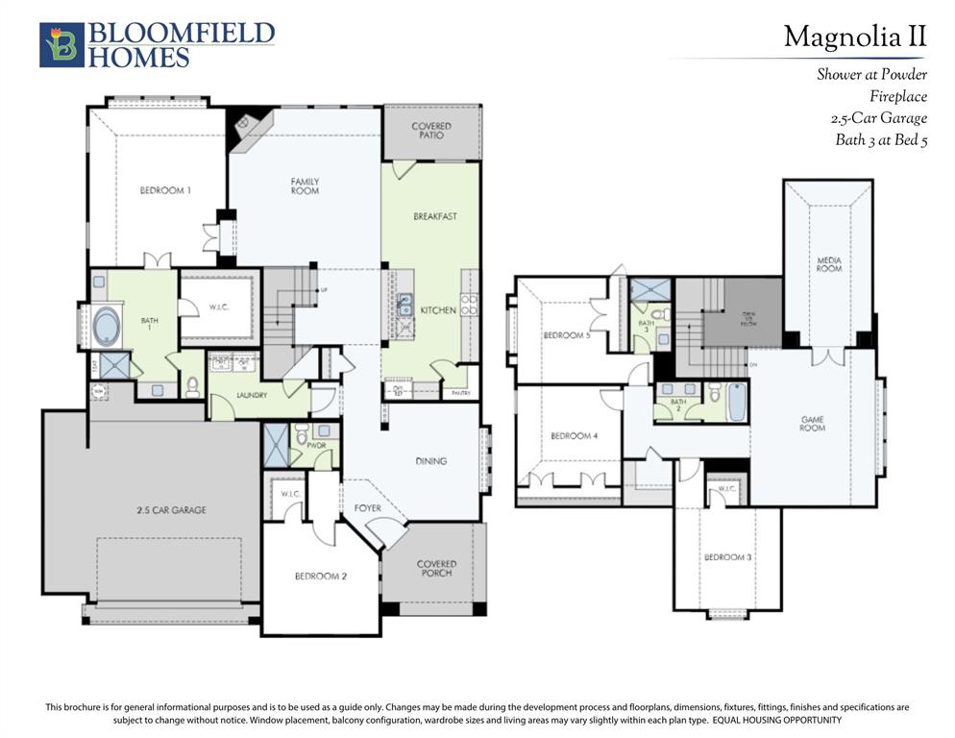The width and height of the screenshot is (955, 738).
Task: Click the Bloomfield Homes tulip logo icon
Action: pyautogui.click(x=61, y=45)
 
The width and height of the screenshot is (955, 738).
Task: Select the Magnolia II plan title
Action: pyautogui.click(x=854, y=37)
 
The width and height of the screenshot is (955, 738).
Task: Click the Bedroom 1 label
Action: pyautogui.click(x=165, y=190)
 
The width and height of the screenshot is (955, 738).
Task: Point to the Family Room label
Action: pyautogui.click(x=306, y=185)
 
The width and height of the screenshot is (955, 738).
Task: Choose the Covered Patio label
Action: pyautogui.click(x=431, y=131)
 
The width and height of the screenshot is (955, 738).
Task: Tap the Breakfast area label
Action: pyautogui.click(x=434, y=217)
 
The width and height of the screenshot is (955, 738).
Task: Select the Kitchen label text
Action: pyautogui.click(x=438, y=310)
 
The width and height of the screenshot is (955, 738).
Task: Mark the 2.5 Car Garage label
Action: pyautogui.click(x=172, y=510)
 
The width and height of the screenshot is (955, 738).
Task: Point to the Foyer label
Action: pyautogui.click(x=367, y=507)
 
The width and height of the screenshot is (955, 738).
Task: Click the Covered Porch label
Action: pyautogui.click(x=436, y=569)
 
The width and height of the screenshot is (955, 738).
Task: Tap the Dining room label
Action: pyautogui.click(x=431, y=461)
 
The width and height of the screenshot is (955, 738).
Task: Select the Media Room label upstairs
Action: pyautogui.click(x=828, y=264)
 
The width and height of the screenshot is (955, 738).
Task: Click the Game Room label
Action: pyautogui.click(x=812, y=423)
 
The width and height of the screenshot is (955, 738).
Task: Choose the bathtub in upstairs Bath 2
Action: pyautogui.click(x=736, y=403)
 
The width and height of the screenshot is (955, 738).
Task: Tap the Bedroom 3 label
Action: pyautogui.click(x=726, y=557)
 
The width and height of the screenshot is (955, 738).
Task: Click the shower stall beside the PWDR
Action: pyautogui.click(x=276, y=445)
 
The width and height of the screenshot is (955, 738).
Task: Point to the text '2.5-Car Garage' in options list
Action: pyautogui.click(x=878, y=118)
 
